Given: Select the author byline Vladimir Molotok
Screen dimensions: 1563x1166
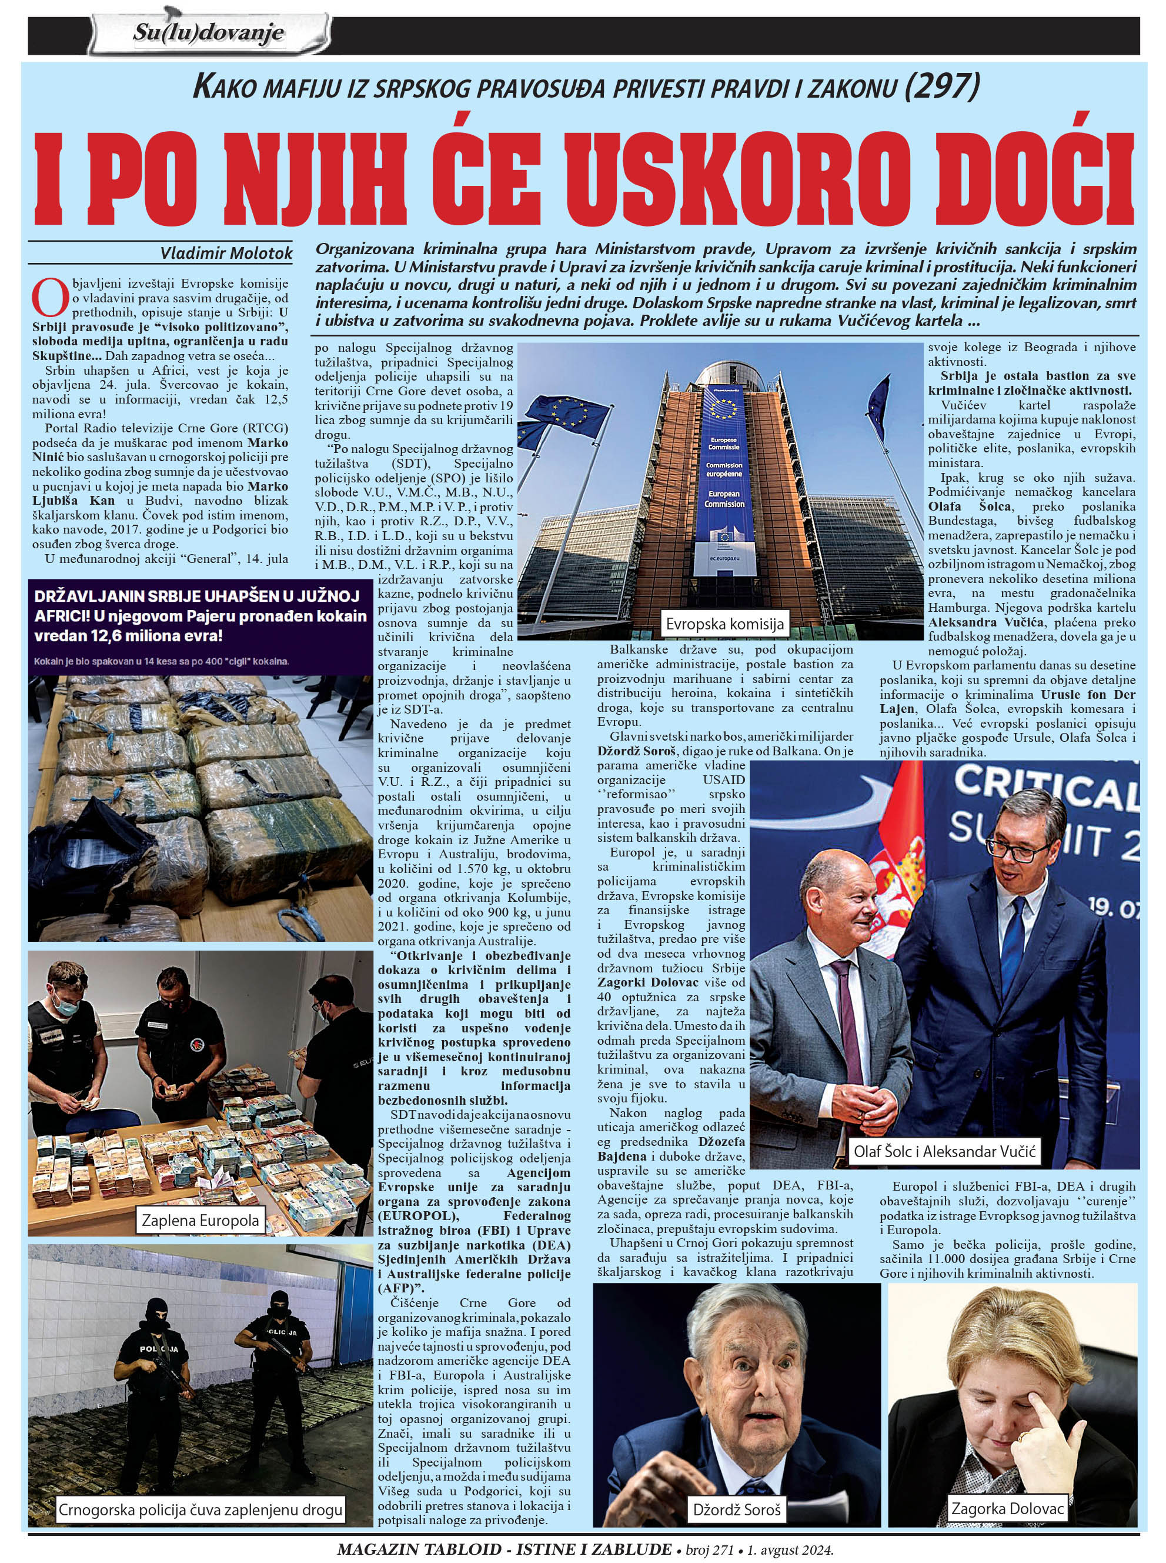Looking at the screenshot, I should pyautogui.click(x=226, y=254).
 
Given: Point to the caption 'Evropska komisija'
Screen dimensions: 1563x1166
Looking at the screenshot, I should pyautogui.click(x=724, y=624).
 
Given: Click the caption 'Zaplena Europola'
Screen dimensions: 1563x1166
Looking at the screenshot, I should pyautogui.click(x=201, y=1220).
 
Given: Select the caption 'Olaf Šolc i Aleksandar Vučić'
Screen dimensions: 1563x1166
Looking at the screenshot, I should pyautogui.click(x=944, y=1151).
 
